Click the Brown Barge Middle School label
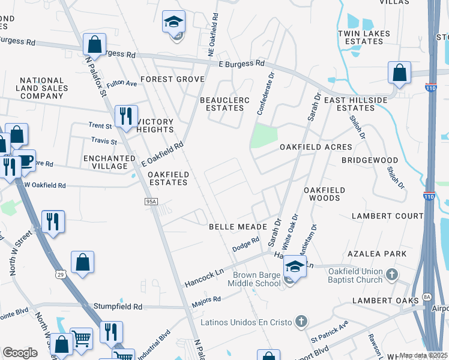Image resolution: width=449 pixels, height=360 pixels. click(x=258, y=279)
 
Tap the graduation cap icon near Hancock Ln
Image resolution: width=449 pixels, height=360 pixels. click(x=295, y=266)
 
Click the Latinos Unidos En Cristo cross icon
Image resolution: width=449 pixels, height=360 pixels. click(x=301, y=322)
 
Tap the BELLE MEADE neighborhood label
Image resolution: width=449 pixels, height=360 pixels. click(x=234, y=227)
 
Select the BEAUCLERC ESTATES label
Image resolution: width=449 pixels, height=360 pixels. click(x=224, y=103)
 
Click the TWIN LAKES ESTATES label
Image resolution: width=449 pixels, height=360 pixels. click(x=364, y=38)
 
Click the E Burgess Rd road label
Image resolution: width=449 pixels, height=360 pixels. click(x=241, y=63)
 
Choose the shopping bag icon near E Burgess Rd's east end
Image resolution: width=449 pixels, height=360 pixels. click(x=399, y=73)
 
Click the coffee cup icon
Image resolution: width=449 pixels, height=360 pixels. click(x=24, y=161)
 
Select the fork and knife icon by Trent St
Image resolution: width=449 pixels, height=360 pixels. click(x=125, y=116)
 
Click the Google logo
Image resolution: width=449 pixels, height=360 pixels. click(x=20, y=353)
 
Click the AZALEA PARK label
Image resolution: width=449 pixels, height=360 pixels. click(x=379, y=254)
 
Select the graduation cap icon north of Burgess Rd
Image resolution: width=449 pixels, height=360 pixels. click(x=173, y=23)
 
